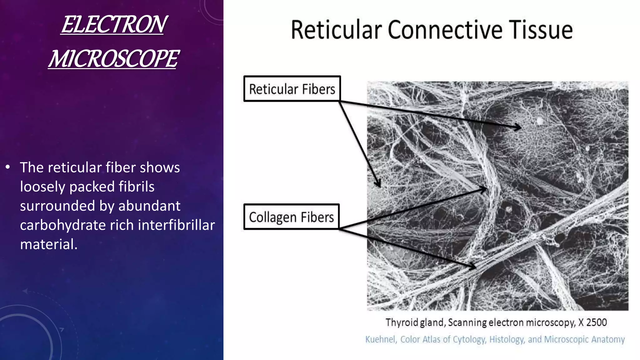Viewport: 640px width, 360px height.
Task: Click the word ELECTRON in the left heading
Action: [x=114, y=25]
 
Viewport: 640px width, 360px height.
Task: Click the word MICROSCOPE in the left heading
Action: [x=114, y=59]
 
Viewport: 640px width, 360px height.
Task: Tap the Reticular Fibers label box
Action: [x=292, y=89]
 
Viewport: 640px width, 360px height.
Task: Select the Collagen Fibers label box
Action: [x=291, y=217]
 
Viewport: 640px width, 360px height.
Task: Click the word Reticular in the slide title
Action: [x=336, y=30]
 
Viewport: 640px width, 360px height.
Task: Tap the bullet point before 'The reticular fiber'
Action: [x=8, y=167]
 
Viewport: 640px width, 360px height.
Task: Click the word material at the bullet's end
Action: [x=48, y=244]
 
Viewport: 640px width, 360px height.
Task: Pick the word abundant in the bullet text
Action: [x=149, y=206]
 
